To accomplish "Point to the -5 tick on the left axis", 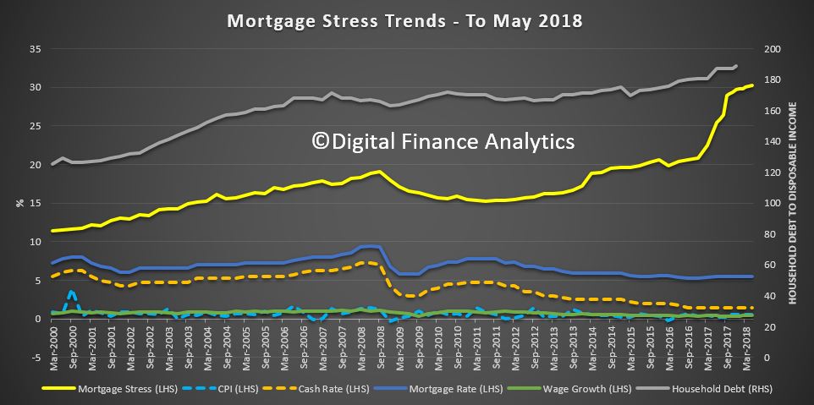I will [x=35, y=358].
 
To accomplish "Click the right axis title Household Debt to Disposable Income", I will [x=796, y=203].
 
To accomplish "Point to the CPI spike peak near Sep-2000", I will [x=72, y=292].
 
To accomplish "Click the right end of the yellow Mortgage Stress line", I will [x=751, y=85].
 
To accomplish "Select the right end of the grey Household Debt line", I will [x=736, y=65].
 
